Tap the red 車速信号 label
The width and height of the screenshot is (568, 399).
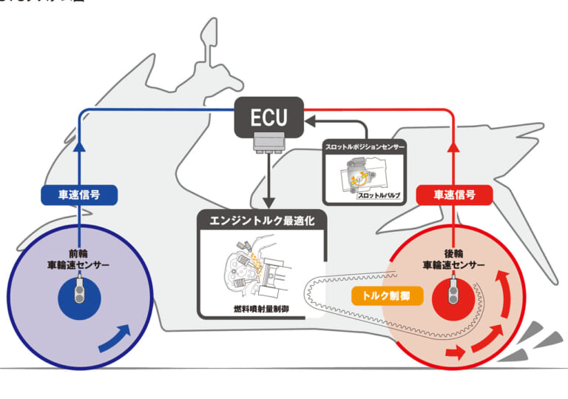454,195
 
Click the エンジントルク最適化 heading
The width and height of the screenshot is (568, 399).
261,220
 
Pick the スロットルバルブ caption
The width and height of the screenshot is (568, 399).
379,195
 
